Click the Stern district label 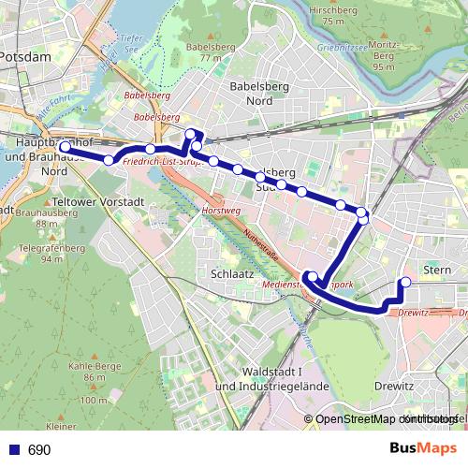(x=437, y=270)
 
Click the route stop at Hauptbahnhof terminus (x=65, y=147)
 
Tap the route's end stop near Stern (x=405, y=282)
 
